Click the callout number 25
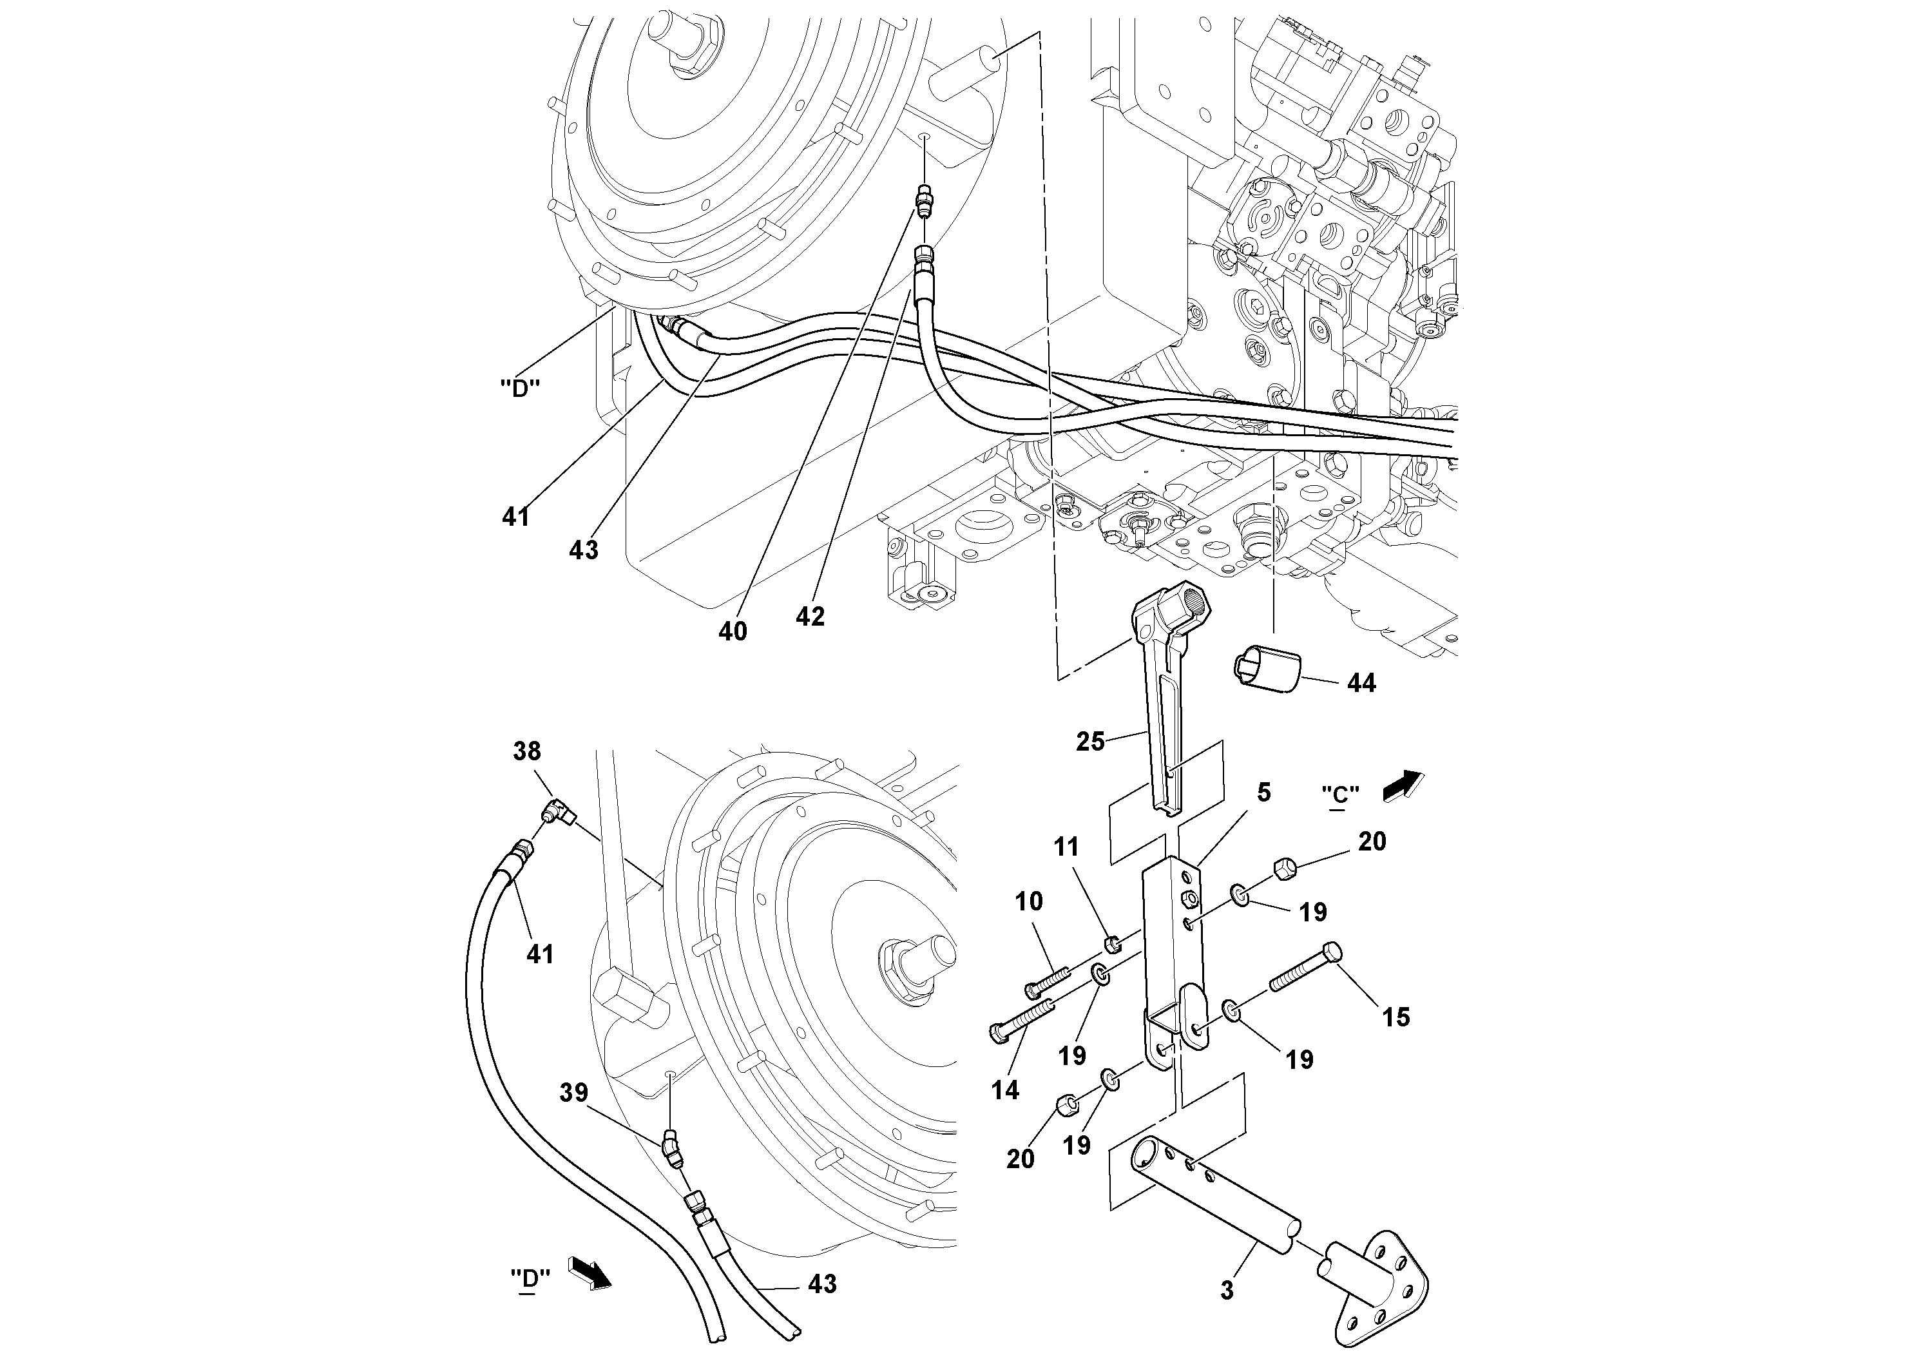coord(1090,741)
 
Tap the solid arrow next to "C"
coord(1403,785)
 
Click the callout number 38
coord(526,751)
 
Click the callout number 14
coord(1005,1090)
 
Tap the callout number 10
coord(1029,901)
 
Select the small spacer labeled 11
coord(1112,945)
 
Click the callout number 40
coord(733,631)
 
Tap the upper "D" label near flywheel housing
coord(519,389)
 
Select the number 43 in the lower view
coord(822,1284)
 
